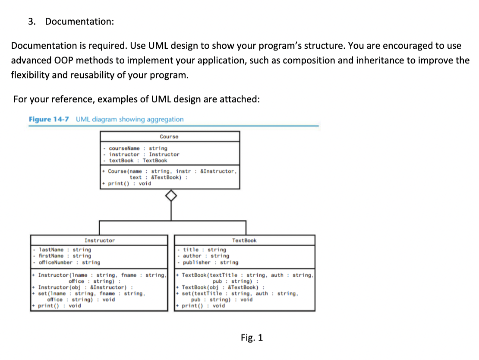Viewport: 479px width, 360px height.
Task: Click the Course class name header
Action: [169, 136]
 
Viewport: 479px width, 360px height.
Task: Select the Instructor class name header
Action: [100, 240]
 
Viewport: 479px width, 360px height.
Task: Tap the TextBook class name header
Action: [244, 240]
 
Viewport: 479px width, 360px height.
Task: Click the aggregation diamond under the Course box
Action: [171, 196]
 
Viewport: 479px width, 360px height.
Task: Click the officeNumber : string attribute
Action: [69, 262]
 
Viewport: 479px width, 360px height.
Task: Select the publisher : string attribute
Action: [210, 262]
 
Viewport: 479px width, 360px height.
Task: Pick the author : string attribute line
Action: [206, 256]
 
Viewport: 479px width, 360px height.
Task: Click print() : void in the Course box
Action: [129, 183]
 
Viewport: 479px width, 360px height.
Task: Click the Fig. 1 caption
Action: [252, 338]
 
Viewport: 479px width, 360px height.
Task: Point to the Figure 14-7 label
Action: [49, 119]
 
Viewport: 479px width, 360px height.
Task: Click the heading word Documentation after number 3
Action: [79, 22]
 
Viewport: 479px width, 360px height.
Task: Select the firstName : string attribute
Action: [65, 256]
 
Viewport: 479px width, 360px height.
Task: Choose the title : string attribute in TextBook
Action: [204, 250]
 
